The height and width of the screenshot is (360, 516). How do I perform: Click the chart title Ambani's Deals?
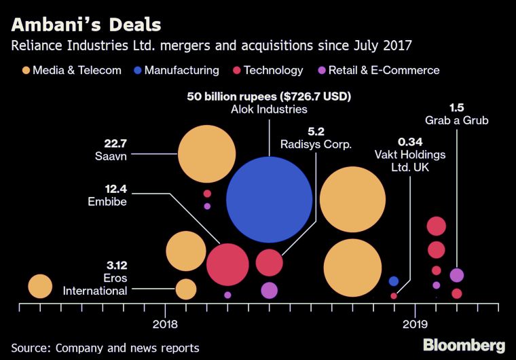click(x=86, y=26)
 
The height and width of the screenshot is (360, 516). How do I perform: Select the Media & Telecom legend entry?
click(x=71, y=70)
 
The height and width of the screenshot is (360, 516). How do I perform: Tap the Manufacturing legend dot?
click(x=138, y=70)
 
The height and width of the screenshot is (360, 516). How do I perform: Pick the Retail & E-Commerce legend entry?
click(x=384, y=70)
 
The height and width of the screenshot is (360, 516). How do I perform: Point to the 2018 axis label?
click(x=166, y=325)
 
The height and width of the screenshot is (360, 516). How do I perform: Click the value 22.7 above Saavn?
click(x=115, y=143)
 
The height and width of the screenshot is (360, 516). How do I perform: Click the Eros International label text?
click(x=95, y=285)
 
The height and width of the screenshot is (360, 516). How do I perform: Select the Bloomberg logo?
click(x=464, y=345)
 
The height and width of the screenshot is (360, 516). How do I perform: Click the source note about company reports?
click(x=105, y=347)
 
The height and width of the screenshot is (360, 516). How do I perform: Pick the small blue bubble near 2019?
click(x=394, y=281)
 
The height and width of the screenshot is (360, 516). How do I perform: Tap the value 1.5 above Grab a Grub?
click(x=457, y=107)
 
